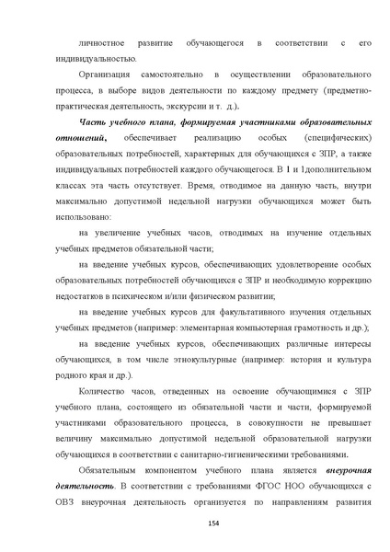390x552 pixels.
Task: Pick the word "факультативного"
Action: pos(246,310)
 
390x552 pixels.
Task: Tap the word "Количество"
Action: pos(106,389)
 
